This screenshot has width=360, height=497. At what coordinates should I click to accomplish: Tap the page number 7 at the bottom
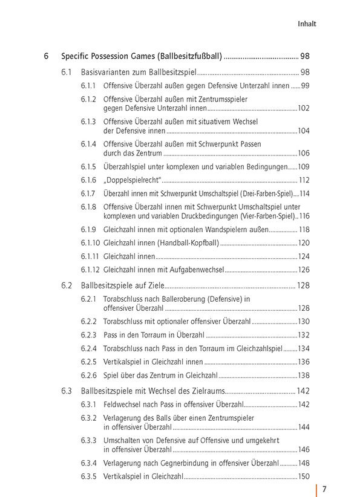(x=324, y=489)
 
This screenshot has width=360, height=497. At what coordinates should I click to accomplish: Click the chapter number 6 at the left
(x=46, y=57)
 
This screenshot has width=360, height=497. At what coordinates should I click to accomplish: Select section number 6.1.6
(x=88, y=180)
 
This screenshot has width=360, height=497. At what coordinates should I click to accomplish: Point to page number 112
(x=304, y=180)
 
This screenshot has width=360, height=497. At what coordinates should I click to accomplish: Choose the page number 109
(x=304, y=166)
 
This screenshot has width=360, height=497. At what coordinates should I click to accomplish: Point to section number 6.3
(x=67, y=391)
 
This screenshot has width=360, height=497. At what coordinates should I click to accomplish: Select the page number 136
(x=304, y=362)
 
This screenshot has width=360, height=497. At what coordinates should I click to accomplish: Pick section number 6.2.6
(x=88, y=376)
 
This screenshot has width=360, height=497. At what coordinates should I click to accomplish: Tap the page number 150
(x=304, y=476)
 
